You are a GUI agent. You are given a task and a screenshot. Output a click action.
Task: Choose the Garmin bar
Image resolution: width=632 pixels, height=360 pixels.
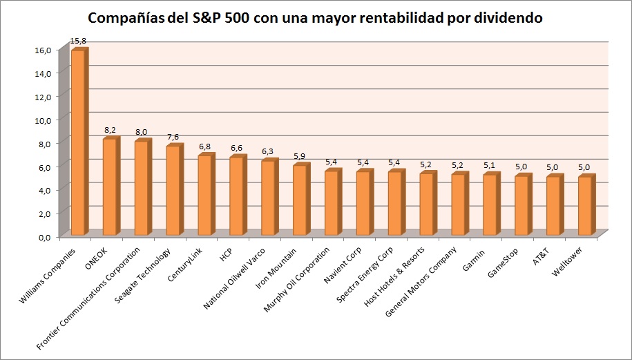point(490,205)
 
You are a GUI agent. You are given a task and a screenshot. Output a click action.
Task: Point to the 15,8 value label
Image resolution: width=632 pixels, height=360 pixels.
point(78,42)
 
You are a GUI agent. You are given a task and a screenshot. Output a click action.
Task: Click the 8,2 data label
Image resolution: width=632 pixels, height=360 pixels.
point(110,130)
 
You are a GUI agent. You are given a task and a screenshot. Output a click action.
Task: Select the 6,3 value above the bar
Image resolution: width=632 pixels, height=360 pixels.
point(269,152)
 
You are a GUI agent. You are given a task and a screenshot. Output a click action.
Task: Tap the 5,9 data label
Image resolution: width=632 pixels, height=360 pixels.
point(300,156)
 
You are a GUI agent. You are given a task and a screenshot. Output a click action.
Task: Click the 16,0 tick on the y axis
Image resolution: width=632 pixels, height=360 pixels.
point(45,49)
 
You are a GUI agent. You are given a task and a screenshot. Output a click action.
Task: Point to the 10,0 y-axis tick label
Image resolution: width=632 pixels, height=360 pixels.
point(45,120)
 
